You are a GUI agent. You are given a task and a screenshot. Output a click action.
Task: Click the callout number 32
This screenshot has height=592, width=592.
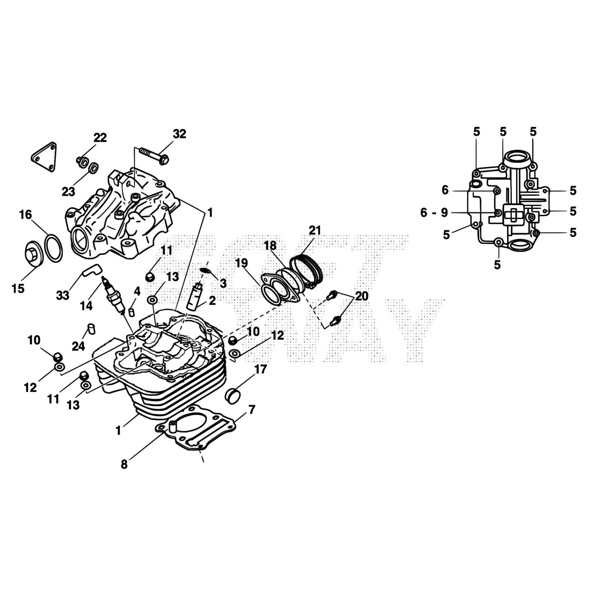point(179,134)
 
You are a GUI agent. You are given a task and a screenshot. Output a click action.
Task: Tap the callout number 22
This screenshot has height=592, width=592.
point(100,138)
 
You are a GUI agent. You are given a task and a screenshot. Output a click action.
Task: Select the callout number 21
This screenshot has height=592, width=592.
point(315,230)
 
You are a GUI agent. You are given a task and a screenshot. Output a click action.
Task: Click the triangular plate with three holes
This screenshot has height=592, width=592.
point(44,157)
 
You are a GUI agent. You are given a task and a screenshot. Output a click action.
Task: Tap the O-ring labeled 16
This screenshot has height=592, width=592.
point(53,248)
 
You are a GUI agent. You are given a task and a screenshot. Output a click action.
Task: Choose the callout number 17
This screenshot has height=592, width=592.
point(260,369)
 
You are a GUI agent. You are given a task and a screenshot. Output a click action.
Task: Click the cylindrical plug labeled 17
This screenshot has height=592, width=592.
point(233,396)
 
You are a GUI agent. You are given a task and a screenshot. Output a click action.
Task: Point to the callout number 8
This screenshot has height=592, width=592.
point(124,464)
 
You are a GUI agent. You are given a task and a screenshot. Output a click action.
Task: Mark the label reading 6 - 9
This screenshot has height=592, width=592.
point(434,213)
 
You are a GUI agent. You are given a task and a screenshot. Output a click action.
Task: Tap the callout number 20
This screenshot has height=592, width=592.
point(362,296)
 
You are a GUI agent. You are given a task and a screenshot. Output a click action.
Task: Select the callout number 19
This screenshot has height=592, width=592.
point(241,263)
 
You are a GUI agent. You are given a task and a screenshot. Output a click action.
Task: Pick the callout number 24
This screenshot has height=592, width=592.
point(78,346)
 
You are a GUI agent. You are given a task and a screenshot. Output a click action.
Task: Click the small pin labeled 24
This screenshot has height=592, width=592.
point(91,329)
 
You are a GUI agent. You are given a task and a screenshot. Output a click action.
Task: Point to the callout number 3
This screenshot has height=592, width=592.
point(223,283)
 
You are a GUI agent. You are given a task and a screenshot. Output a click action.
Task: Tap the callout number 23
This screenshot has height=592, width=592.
point(68,192)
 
